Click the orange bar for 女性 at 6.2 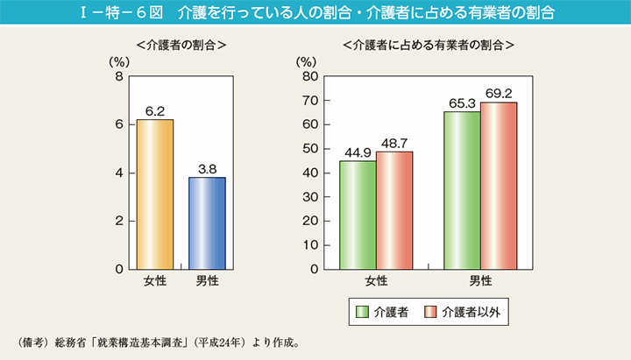click(155, 194)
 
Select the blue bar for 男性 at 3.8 click(207, 223)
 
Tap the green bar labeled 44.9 click(358, 215)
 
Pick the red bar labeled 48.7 click(394, 210)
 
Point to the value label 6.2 click(155, 111)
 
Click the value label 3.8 click(207, 169)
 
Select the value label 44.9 click(358, 152)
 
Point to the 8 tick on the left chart click(118, 77)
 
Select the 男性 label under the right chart click(480, 281)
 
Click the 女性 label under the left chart click(155, 281)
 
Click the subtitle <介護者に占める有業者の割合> click(428, 44)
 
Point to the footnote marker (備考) click(32, 341)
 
